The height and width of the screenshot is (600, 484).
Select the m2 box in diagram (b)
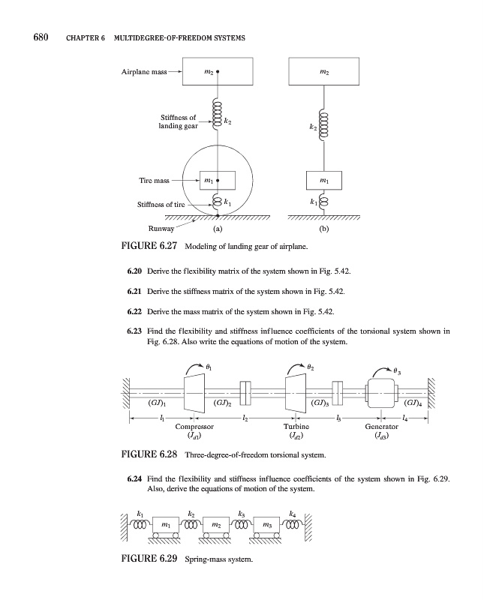click(x=324, y=73)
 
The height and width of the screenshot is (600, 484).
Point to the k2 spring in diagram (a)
click(x=217, y=120)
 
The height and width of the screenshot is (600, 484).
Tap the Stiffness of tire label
click(x=161, y=204)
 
